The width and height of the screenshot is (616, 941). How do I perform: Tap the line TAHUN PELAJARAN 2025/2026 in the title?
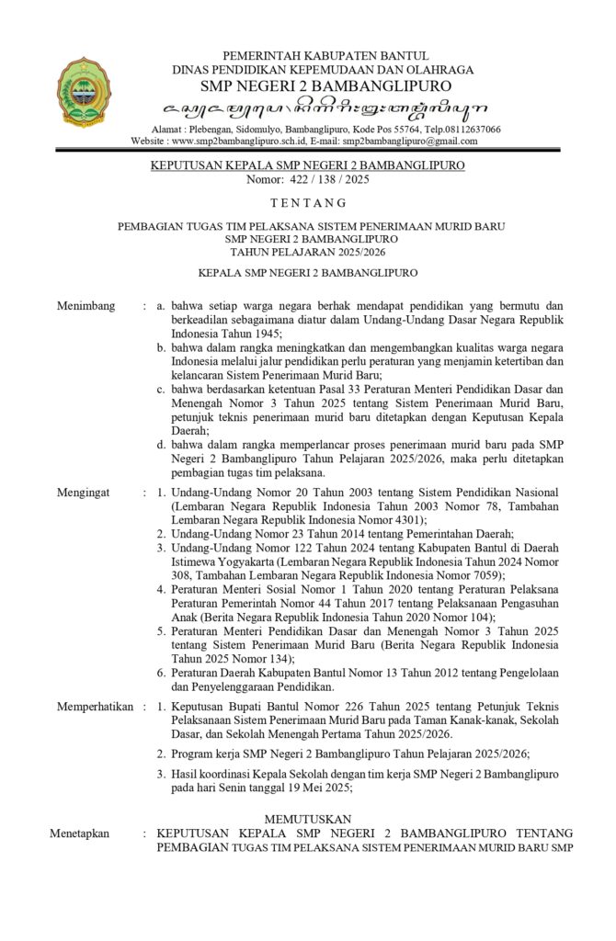point(308,250)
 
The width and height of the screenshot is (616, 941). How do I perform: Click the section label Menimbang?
point(86,306)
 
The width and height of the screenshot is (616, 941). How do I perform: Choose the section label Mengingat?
point(83,493)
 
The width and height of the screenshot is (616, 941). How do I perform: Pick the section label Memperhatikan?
point(95,707)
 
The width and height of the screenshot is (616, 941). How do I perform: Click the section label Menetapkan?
point(83,833)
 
